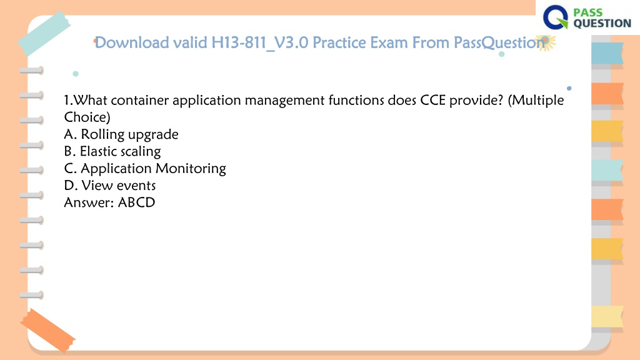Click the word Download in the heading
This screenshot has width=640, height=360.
click(131, 42)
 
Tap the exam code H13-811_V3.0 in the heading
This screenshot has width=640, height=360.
click(259, 43)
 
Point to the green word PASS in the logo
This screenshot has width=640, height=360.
click(588, 12)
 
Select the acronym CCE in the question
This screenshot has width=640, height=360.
click(433, 100)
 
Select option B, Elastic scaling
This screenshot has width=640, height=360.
click(112, 151)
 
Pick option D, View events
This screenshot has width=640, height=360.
click(110, 185)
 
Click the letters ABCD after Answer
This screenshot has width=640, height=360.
click(136, 202)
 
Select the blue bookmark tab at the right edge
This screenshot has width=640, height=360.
click(607, 53)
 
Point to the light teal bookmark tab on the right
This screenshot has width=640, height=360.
click(607, 170)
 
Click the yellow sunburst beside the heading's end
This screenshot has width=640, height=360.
click(545, 42)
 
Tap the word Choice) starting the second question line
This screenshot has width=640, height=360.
click(87, 117)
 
